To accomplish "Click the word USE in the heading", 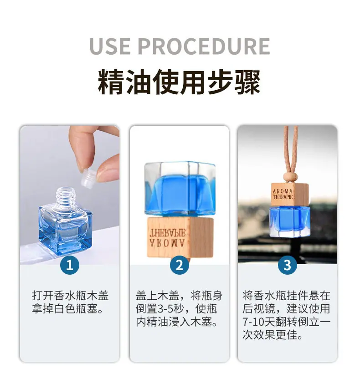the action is [x=110, y=46].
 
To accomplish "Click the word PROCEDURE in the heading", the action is [x=204, y=46].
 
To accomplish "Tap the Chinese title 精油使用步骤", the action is [x=179, y=82].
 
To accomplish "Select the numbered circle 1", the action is [x=70, y=265].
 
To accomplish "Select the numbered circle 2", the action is [x=180, y=265].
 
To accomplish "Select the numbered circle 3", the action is [x=287, y=265].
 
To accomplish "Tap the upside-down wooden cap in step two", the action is [x=180, y=237].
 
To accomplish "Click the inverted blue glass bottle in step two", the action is [x=180, y=189].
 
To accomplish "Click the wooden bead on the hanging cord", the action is [x=290, y=177].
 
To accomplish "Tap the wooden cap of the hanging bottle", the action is [x=289, y=194].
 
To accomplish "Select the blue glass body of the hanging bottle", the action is [x=290, y=222].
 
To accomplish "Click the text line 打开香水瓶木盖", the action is [x=70, y=296].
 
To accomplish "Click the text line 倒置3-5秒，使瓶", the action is [x=176, y=309].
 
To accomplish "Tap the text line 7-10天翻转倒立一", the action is [x=287, y=322].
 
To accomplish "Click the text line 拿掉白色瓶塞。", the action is [x=67, y=309].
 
